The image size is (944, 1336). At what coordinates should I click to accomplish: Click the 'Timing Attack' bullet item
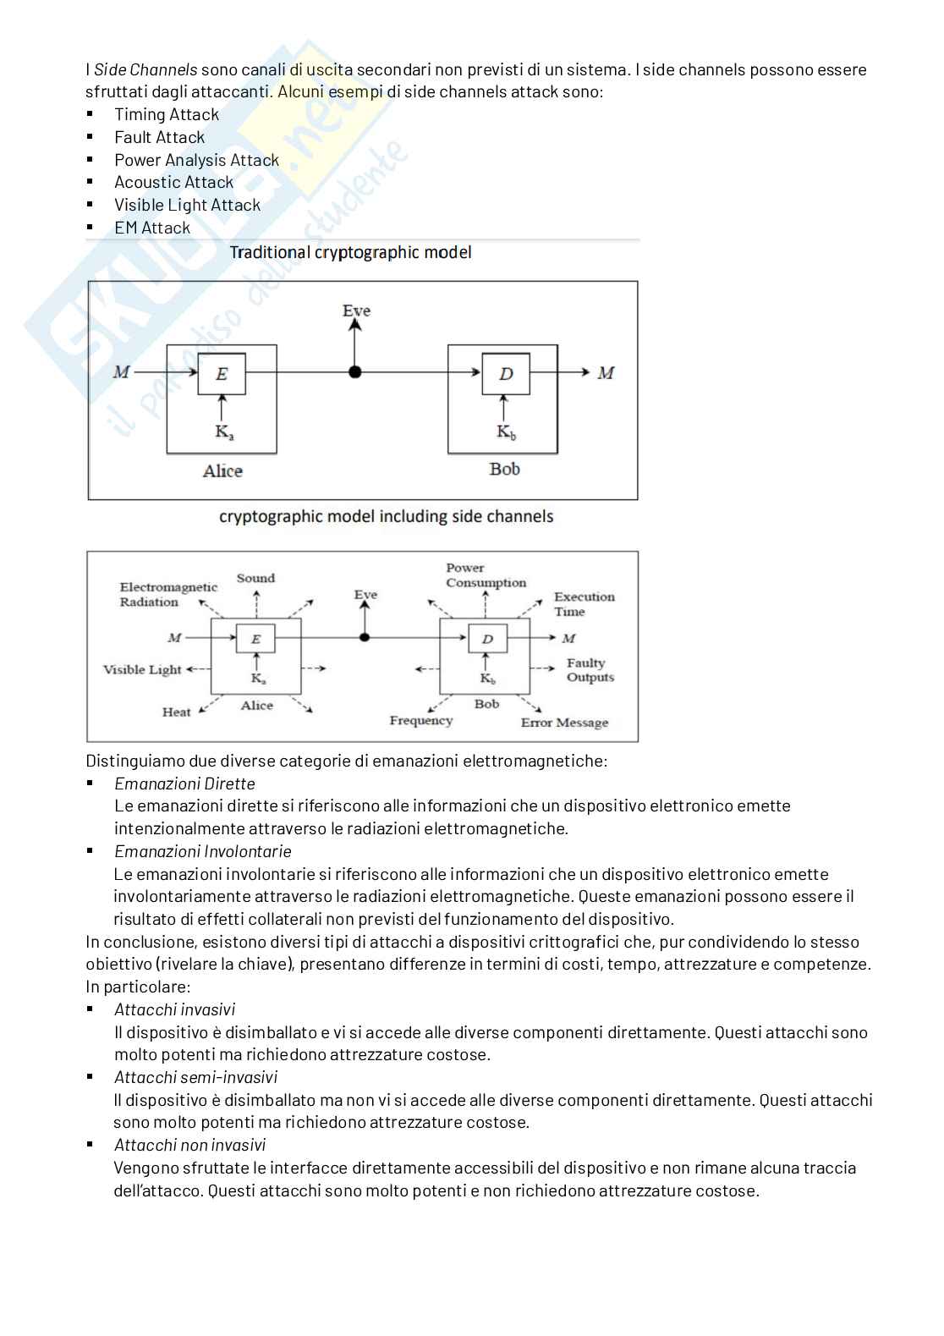(x=167, y=114)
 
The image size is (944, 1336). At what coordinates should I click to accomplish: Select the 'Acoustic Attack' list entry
(x=173, y=182)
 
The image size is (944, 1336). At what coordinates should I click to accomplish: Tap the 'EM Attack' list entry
(x=152, y=228)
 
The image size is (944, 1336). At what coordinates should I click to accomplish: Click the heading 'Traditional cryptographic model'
(x=350, y=252)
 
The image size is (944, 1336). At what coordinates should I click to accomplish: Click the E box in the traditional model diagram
(x=222, y=374)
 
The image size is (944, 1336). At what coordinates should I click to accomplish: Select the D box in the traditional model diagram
(x=506, y=374)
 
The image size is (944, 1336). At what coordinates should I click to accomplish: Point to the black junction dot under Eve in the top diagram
(x=355, y=372)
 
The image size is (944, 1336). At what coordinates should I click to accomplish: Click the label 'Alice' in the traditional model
(x=222, y=471)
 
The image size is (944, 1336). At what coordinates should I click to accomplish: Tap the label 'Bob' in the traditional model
(x=504, y=469)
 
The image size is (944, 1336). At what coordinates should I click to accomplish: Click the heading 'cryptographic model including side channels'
(x=386, y=516)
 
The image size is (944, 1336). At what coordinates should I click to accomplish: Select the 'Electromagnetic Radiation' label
(x=167, y=594)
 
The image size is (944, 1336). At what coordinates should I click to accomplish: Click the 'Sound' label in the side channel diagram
(x=255, y=578)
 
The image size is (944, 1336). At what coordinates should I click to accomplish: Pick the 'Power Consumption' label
(x=486, y=575)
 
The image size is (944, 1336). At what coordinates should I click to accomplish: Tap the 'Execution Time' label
(x=584, y=604)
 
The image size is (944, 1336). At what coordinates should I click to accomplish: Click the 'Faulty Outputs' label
(x=590, y=670)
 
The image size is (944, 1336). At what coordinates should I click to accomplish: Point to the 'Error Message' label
(x=564, y=723)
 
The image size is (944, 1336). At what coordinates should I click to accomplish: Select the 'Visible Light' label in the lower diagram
(x=142, y=669)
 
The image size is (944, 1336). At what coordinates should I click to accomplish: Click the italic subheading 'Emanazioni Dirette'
(x=184, y=783)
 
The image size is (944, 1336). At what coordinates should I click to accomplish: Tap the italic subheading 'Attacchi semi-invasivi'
(x=195, y=1077)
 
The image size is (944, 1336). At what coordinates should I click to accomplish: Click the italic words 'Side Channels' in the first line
(x=145, y=69)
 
